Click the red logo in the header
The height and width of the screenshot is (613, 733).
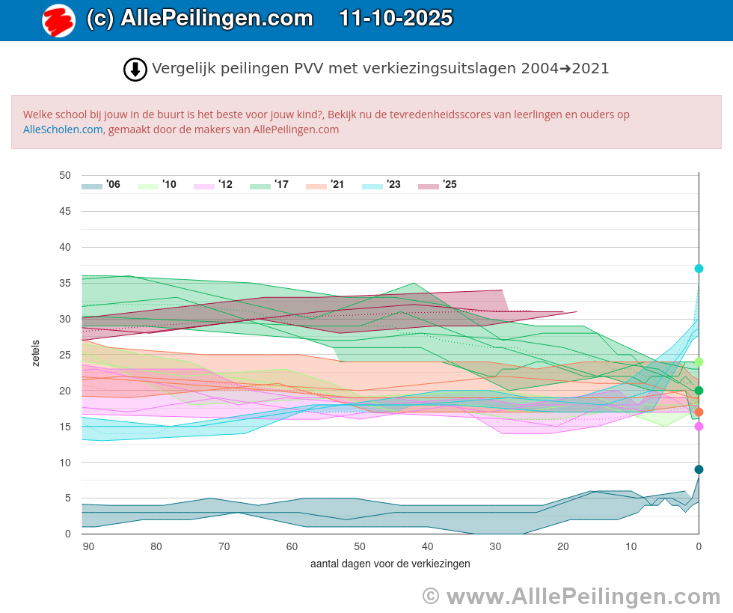[58, 20]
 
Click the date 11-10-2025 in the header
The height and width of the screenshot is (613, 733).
[395, 19]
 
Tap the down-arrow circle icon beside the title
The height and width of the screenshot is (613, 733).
[135, 70]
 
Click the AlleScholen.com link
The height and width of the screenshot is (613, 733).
[63, 129]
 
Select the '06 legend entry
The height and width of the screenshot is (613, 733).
[101, 185]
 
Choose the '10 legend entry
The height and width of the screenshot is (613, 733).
[157, 185]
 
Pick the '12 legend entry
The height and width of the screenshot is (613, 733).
[213, 185]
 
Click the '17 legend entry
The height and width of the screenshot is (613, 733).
[269, 185]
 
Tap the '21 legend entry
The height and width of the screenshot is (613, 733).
[325, 185]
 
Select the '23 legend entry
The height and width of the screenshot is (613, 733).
[381, 185]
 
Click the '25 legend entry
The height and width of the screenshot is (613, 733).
[438, 185]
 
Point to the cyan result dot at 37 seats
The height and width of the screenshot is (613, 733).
[699, 269]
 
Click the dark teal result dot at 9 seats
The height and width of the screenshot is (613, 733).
[699, 469]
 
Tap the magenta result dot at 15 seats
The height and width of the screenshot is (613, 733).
[699, 427]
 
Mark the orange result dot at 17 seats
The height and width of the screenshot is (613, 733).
[699, 412]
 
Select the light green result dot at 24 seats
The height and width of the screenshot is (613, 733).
[699, 362]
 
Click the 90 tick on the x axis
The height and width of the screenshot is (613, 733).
[88, 547]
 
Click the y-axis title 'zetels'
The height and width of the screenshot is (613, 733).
[36, 353]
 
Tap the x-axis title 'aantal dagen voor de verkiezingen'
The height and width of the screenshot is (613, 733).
[390, 564]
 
